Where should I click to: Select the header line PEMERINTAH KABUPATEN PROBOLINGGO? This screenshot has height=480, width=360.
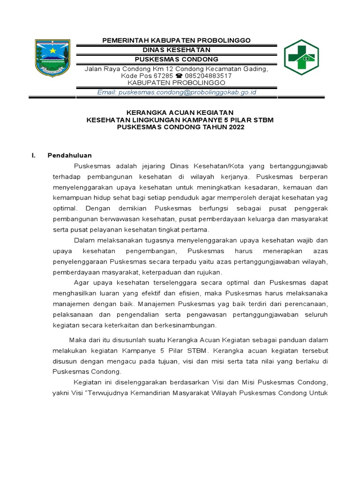coord(176,40)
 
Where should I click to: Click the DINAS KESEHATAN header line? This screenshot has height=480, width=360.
coord(176,50)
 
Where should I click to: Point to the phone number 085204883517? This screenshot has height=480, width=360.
coord(209,75)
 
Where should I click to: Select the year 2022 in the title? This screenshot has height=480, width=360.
coord(236,127)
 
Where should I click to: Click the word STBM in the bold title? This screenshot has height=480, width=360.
coord(263,120)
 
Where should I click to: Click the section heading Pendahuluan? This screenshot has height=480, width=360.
coord(69,155)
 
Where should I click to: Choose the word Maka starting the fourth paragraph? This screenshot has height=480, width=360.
coord(77,340)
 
